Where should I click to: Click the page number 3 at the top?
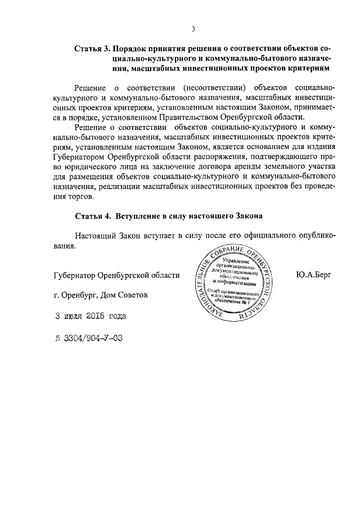193,29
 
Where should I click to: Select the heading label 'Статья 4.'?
92,215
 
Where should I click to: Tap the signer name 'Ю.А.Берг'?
313,274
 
